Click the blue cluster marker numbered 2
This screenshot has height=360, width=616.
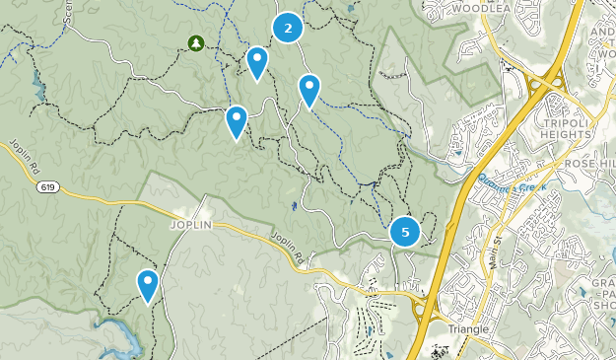(x=287, y=28)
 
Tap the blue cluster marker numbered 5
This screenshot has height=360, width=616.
(x=405, y=232)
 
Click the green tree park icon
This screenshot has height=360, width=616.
(x=195, y=42)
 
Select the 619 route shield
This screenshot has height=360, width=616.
(x=46, y=185)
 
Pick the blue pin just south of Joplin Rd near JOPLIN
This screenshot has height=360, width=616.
(x=148, y=285)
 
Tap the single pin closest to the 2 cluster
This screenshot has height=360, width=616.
(x=257, y=62)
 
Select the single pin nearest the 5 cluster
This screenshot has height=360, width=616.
(x=309, y=90)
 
